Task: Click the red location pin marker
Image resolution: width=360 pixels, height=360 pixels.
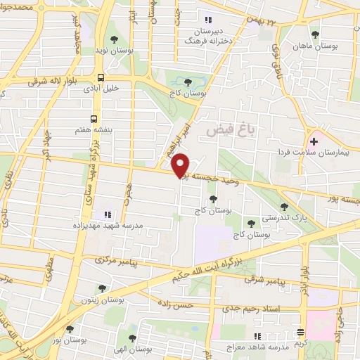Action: point(181,165)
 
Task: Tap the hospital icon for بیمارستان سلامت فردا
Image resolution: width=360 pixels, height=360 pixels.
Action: point(313,141)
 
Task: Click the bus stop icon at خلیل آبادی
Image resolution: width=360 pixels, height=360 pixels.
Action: point(101,78)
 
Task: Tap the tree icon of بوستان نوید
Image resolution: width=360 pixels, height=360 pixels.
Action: point(114,40)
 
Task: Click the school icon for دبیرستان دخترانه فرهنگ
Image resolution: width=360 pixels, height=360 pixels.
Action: point(207,20)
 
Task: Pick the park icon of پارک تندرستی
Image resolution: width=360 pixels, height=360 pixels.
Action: point(284,207)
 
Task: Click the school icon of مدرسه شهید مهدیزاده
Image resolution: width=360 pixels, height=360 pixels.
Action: point(108,214)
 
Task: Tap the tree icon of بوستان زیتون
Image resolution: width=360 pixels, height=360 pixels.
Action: point(102,288)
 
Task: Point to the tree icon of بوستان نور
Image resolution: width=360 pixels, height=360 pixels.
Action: point(69,328)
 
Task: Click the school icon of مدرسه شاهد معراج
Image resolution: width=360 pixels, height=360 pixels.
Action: point(257,336)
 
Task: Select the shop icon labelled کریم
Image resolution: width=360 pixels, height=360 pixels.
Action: point(301,332)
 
